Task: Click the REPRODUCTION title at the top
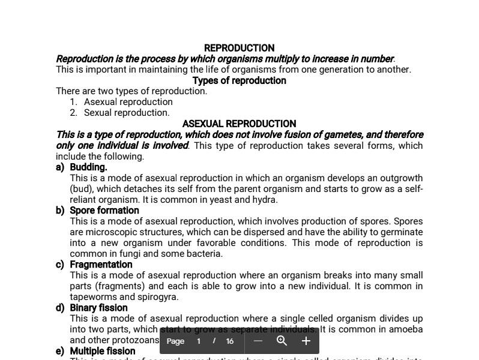239,48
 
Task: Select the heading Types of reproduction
239,80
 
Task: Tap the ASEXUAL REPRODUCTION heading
239,124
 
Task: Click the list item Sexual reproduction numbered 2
126,113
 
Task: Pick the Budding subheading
88,167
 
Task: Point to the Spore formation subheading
104,211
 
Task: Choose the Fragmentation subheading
101,265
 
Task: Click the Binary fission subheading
98,308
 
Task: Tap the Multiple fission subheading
103,351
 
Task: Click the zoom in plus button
306,341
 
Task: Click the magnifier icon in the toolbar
282,341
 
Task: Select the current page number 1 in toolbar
199,341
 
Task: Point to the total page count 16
229,341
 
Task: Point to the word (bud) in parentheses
82,189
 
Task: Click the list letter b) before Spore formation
60,211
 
